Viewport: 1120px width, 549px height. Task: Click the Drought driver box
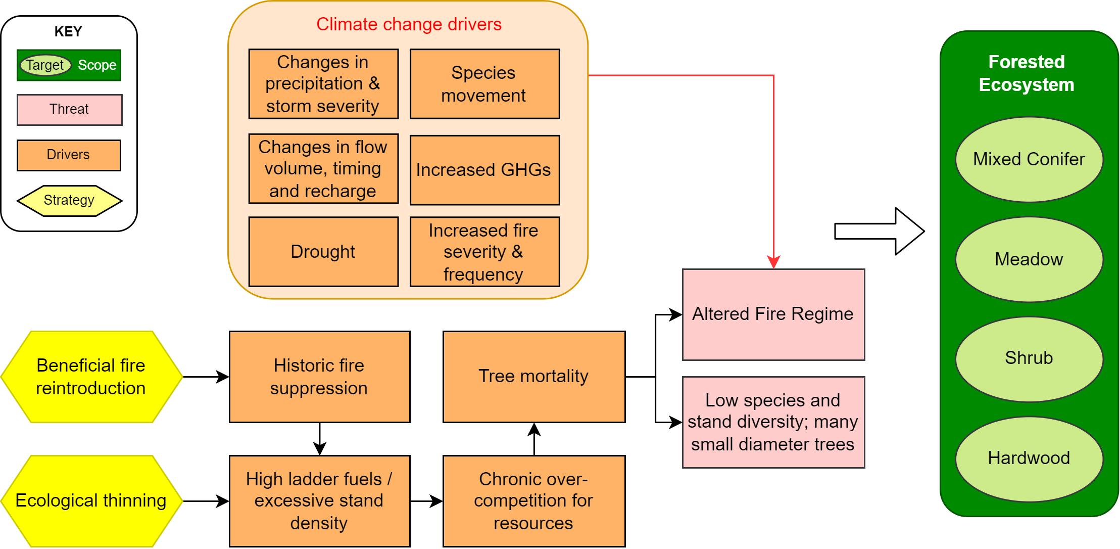323,252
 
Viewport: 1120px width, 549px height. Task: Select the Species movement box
484,84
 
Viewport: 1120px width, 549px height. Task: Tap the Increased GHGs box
484,170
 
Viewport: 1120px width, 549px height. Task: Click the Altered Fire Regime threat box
773,314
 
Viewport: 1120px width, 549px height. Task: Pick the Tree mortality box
533,377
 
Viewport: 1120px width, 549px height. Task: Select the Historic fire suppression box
319,377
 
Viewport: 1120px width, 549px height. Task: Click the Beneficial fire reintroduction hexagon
91,377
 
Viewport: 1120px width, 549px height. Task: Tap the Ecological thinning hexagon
91,501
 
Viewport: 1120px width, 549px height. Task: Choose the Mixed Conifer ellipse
1029,159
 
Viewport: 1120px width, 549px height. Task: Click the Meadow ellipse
1029,259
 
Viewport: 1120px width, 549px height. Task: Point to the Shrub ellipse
1029,358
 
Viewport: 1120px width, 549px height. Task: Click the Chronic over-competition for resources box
533,501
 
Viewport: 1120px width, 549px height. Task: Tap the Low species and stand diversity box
773,422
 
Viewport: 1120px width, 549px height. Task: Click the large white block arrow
879,231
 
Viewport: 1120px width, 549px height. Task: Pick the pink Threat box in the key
69,110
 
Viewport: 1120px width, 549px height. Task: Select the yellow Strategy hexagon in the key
69,201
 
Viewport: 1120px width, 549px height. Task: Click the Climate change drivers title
409,24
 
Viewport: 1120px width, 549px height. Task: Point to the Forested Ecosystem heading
1026,73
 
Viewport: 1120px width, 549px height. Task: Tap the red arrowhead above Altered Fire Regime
773,262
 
